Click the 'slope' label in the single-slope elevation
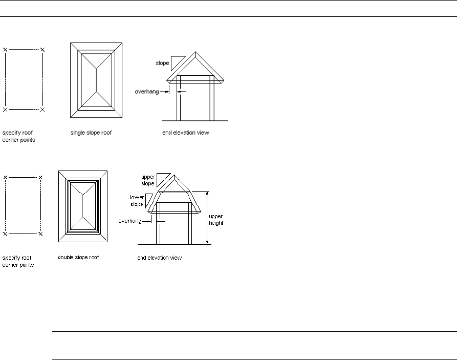pos(162,63)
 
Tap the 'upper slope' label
pos(148,180)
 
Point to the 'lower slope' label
pos(137,200)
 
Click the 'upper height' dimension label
pos(216,220)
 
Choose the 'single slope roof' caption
pos(91,133)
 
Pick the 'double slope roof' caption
pos(78,257)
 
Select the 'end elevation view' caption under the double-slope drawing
pos(159,258)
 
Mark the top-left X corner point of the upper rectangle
pos(5,50)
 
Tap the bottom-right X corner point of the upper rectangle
pos(42,110)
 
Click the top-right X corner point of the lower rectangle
pos(40,177)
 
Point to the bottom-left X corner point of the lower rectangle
pos(5,234)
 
